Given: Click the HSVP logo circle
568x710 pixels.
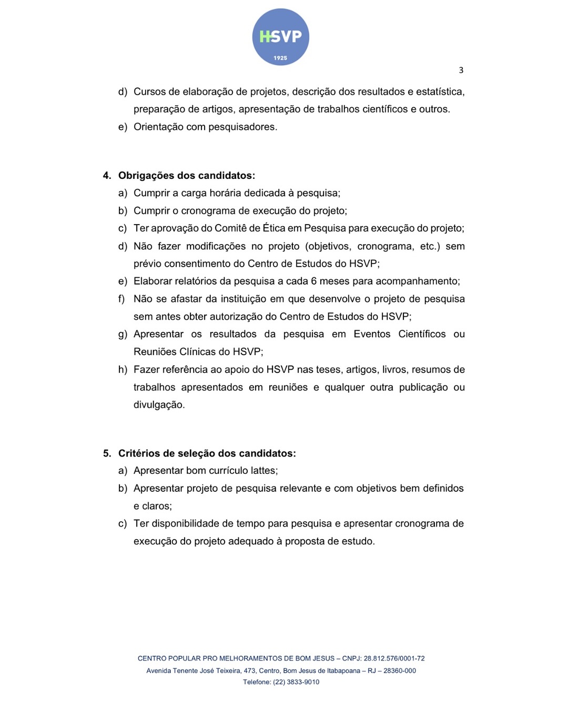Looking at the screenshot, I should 280,37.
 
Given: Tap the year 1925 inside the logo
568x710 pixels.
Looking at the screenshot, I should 280,58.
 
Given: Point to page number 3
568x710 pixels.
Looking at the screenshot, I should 461,70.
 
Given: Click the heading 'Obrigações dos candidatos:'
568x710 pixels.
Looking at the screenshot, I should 186,176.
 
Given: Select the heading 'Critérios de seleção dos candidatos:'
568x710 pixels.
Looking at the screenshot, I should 207,453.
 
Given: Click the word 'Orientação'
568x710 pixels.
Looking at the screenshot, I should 157,127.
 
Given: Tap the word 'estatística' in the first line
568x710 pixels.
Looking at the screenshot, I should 439,92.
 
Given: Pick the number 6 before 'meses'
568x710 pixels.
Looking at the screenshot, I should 313,281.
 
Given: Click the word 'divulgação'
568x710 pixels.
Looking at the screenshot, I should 158,405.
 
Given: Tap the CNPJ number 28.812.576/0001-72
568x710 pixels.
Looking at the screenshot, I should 394,658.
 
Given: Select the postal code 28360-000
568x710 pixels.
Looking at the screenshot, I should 399,671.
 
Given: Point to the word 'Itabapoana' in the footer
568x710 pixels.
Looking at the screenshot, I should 343,671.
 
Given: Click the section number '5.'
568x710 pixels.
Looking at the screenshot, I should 107,453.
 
